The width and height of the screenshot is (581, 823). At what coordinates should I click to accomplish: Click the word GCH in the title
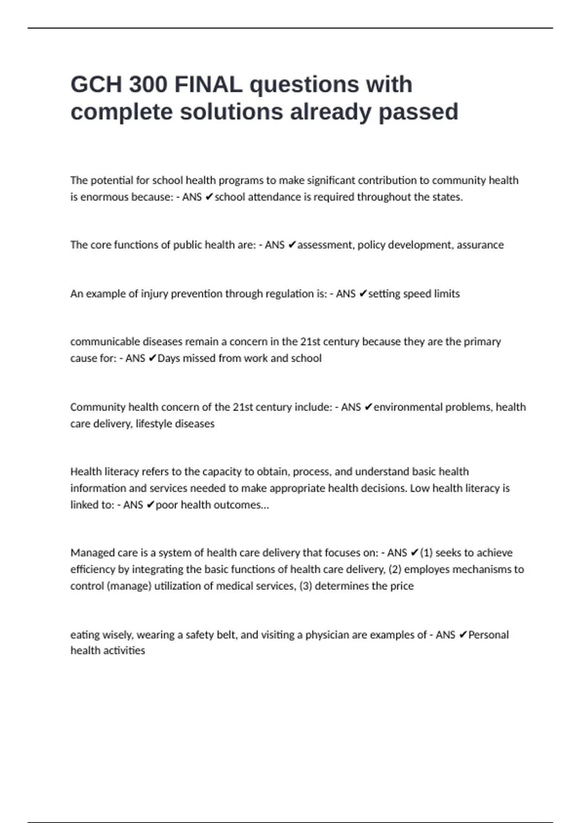coord(96,85)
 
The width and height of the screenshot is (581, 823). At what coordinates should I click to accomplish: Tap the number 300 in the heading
coord(148,85)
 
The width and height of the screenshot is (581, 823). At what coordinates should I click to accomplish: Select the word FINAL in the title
coord(209,85)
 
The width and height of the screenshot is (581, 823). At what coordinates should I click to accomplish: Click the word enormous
coord(104,197)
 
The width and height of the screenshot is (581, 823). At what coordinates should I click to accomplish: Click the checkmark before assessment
coord(291,245)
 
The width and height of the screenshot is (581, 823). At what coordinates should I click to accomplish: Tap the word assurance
coord(480,245)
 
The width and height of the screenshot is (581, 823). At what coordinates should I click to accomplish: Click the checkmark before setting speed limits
coord(363,294)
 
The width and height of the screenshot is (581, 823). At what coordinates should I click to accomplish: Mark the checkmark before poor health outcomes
coord(150,505)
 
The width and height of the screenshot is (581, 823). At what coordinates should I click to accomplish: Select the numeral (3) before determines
coord(306,586)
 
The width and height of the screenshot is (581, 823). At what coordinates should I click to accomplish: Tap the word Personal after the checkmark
coord(489,635)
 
